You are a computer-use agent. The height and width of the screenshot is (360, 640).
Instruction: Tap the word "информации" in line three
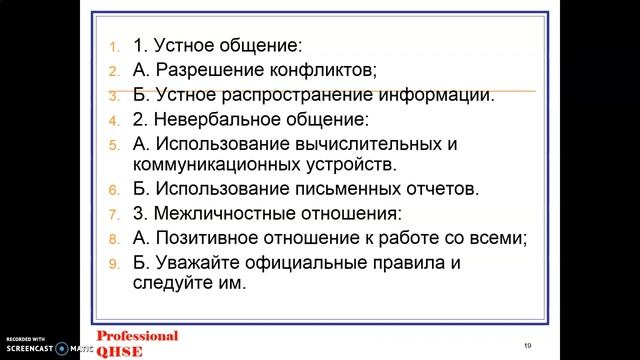(441, 96)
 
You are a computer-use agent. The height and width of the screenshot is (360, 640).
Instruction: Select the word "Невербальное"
(211, 120)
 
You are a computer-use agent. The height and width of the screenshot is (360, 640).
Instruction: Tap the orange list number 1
(114, 47)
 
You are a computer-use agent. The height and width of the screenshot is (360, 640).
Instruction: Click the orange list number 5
(114, 145)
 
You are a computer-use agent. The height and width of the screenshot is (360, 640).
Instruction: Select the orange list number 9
(114, 264)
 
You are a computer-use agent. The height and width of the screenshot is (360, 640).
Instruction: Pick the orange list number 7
(114, 214)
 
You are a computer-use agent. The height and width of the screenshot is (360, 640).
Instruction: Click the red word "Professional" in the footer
(137, 336)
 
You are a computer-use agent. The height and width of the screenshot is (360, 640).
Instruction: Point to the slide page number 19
(527, 345)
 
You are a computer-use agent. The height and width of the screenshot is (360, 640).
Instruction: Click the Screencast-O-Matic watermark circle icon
(62, 348)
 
